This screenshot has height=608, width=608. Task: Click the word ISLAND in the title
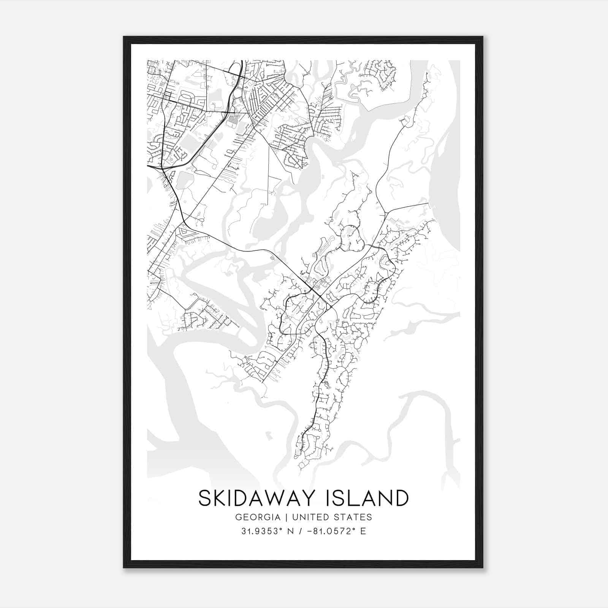pyautogui.click(x=368, y=498)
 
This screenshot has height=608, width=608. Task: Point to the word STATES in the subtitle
pyautogui.click(x=355, y=517)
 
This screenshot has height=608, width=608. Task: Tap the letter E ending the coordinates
pyautogui.click(x=363, y=531)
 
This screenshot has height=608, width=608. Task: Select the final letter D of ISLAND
pyautogui.click(x=401, y=498)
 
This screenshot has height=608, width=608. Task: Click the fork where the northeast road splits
pyautogui.click(x=385, y=213)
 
